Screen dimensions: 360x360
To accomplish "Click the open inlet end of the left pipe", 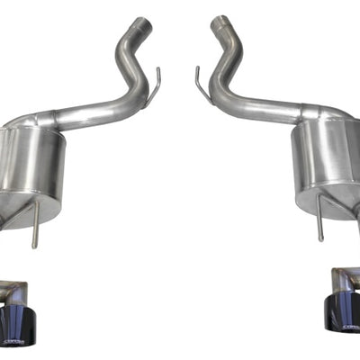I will [141, 23].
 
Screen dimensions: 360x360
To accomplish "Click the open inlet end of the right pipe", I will [218, 23].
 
